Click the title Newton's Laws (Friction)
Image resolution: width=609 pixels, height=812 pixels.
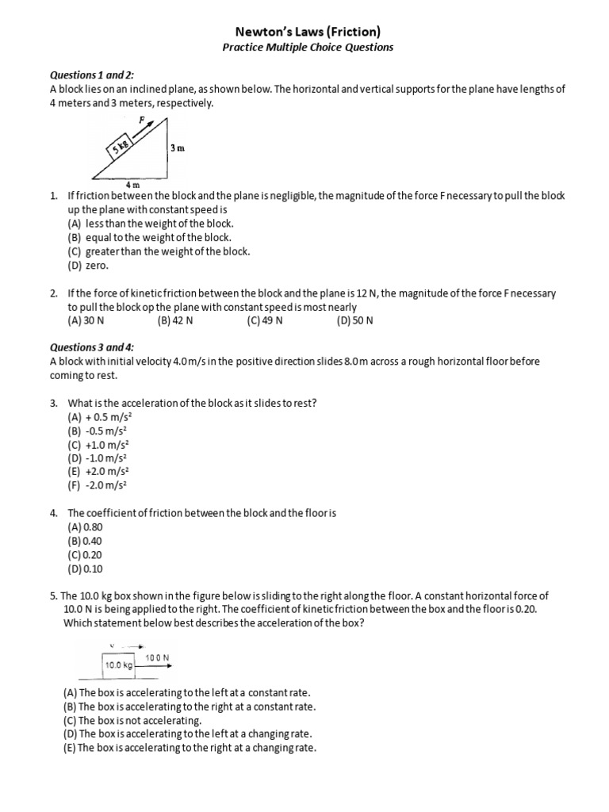(308, 31)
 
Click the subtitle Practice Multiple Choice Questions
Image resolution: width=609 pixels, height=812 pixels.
(308, 47)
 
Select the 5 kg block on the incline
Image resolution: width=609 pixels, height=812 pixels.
(121, 147)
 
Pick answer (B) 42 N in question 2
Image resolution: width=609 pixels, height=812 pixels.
(175, 320)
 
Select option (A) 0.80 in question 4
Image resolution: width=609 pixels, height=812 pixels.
(86, 527)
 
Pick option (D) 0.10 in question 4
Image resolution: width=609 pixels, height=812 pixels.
(86, 569)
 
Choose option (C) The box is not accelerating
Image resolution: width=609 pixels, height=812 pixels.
(133, 720)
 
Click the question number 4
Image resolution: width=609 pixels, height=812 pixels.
(52, 513)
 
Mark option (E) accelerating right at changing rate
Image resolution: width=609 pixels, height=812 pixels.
(190, 747)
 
